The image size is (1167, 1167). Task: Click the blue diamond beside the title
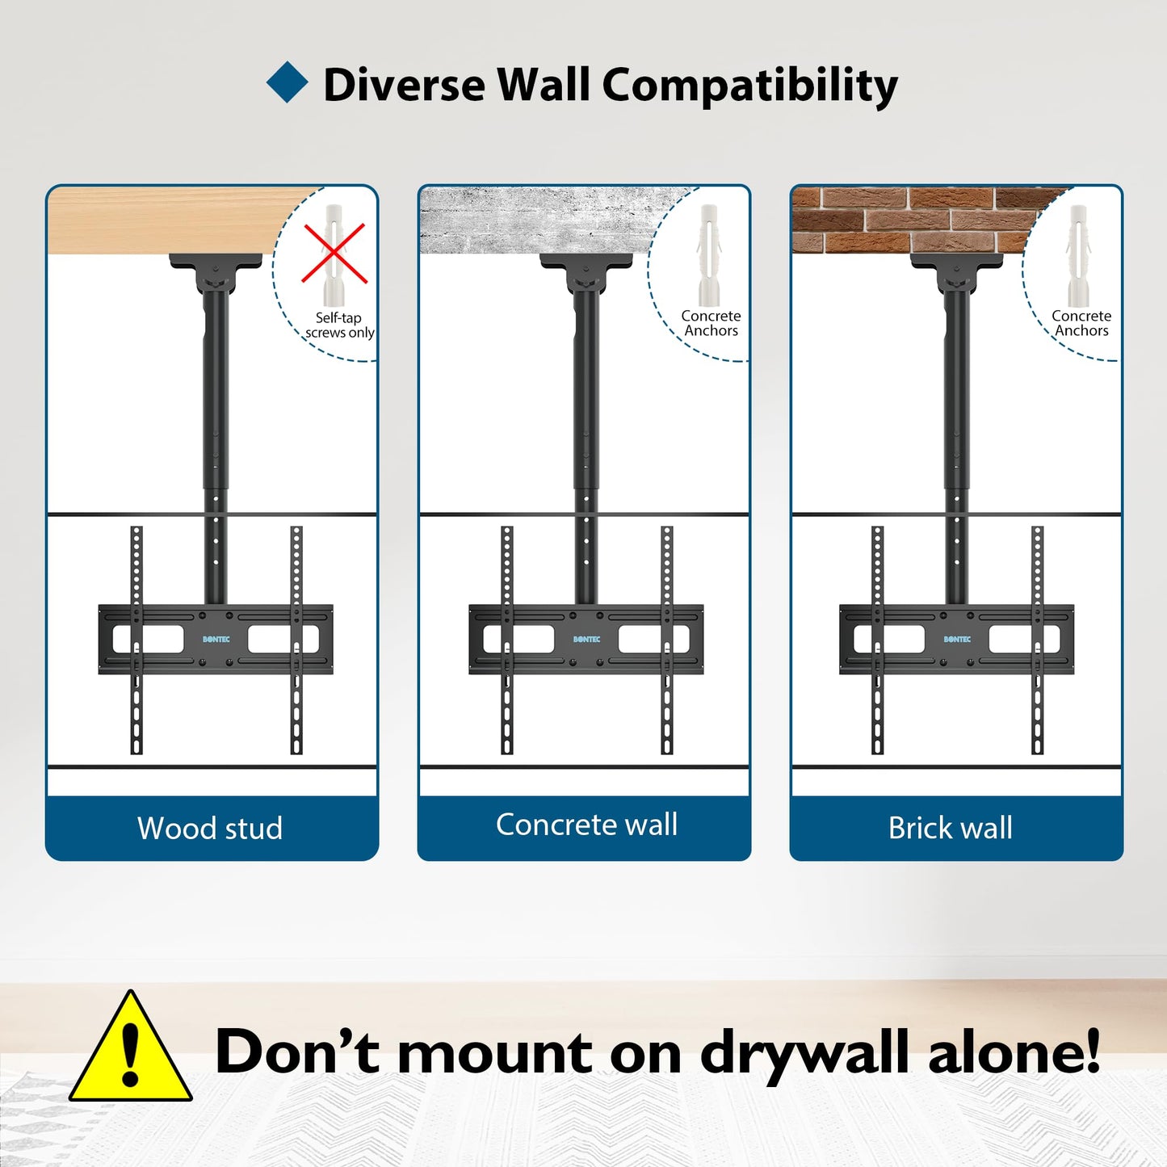click(287, 82)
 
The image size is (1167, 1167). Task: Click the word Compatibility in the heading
click(749, 86)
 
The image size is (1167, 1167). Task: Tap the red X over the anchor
click(335, 254)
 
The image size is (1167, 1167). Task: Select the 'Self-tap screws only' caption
click(339, 325)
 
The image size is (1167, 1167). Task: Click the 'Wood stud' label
click(210, 828)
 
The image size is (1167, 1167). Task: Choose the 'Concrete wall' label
click(586, 825)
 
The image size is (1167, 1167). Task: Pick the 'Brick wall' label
click(951, 828)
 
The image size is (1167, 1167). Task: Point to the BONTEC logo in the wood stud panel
click(216, 639)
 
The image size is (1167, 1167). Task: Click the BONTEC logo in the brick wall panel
click(957, 639)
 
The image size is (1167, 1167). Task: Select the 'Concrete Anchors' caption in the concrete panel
click(711, 323)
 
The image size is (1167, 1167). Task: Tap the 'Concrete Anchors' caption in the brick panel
click(1081, 323)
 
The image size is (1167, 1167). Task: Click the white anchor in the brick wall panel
click(1078, 255)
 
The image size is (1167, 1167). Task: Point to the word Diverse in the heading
click(404, 85)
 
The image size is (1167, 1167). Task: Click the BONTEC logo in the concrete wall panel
click(587, 639)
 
